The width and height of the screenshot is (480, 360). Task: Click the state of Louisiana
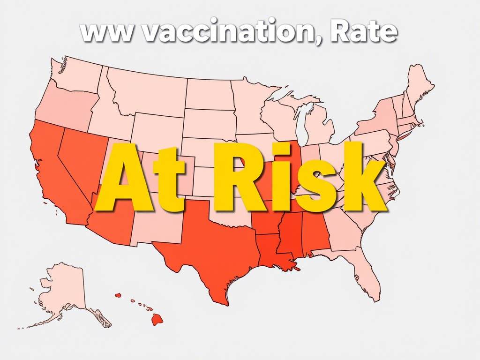tap(272, 255)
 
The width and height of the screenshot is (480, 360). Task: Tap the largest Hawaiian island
tap(157, 320)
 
